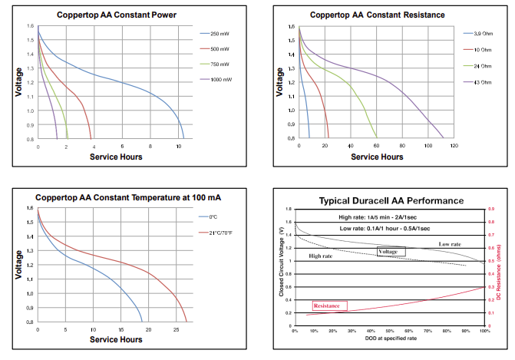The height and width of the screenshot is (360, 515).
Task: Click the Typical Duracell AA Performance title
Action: coord(391,200)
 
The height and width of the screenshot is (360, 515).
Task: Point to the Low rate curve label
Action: coord(450,244)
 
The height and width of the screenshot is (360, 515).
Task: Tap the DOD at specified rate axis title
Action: coord(389,338)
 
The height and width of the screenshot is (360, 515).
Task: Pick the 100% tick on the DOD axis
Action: coord(484,329)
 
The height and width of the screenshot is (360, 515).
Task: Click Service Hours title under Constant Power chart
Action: coord(116,157)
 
